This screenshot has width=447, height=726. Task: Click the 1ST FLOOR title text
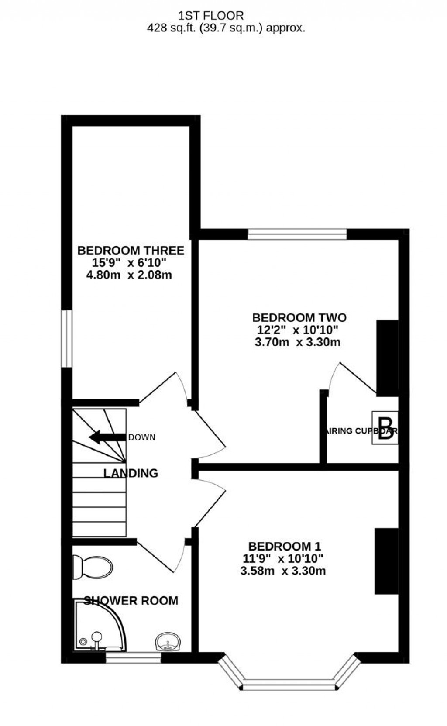(211, 16)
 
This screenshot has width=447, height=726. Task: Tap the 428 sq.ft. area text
(225, 28)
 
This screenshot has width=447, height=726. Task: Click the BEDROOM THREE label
(131, 251)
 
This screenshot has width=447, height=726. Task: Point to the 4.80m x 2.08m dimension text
(130, 275)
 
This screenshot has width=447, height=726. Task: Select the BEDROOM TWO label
(299, 317)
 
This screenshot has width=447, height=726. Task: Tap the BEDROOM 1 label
(285, 546)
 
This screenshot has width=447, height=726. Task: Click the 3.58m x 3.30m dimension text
(283, 571)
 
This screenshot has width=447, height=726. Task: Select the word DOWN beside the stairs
(142, 437)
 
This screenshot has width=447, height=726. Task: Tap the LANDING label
(131, 473)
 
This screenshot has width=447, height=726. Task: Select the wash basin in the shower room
(168, 642)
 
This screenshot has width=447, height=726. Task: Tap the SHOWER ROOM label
(131, 601)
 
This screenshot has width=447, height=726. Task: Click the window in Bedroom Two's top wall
(297, 234)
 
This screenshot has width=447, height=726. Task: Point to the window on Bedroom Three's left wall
(66, 338)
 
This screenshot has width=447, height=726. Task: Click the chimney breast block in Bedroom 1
(386, 561)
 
